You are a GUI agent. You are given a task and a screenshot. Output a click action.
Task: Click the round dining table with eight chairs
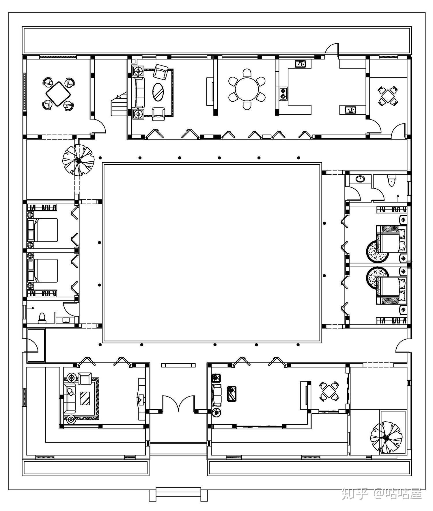click(x=247, y=89)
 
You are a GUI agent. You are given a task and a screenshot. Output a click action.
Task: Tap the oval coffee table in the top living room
click(x=158, y=92)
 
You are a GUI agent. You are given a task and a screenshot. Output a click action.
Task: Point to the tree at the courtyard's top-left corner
click(x=78, y=160)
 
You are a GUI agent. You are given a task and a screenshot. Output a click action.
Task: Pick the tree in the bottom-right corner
click(x=386, y=437)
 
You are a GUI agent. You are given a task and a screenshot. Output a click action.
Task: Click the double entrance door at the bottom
click(x=178, y=403)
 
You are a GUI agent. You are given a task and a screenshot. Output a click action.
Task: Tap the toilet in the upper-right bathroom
click(x=391, y=180)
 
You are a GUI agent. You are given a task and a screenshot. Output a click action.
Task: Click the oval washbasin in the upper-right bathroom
click(x=360, y=179)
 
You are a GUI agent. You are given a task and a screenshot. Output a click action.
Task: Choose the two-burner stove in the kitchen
click(x=283, y=93)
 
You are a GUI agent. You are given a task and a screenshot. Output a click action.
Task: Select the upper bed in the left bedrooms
click(x=43, y=230)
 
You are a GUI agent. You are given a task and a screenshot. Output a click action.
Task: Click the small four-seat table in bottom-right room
click(x=329, y=391)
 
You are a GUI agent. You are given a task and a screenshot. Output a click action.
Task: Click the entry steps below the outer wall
click(x=178, y=494)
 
